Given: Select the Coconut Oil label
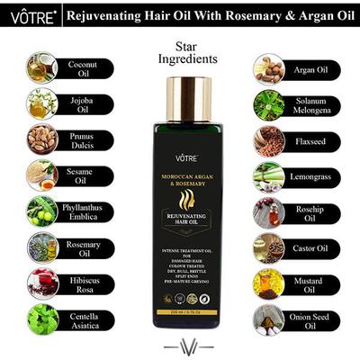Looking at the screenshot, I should [87, 70].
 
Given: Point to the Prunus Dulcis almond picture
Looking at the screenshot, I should [42, 139].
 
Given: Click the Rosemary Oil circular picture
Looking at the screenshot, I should [42, 247].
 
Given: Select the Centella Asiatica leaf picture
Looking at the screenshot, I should [42, 319].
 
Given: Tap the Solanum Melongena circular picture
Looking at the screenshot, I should [268, 104].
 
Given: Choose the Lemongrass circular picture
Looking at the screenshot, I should [268, 176].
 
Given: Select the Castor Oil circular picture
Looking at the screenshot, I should [268, 247].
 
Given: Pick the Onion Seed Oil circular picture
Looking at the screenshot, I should [268, 319].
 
